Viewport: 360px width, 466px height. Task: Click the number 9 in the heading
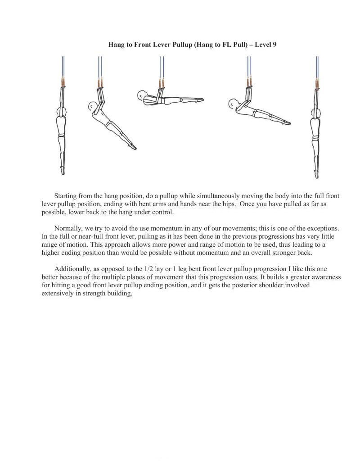click(x=274, y=45)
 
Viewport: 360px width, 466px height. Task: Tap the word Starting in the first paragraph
click(x=66, y=196)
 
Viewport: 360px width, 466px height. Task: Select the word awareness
click(x=323, y=277)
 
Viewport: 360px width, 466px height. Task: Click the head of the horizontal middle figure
click(x=143, y=95)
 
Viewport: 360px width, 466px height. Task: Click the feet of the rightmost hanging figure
click(x=317, y=174)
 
